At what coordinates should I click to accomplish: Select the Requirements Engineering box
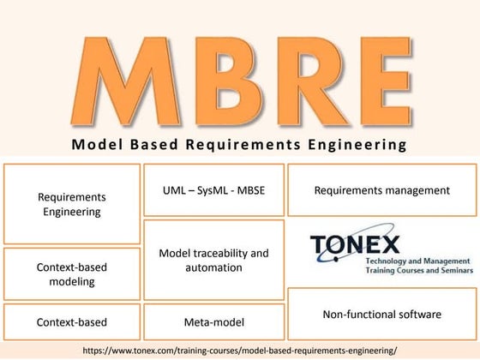click(x=71, y=204)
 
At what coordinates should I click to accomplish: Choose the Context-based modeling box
click(x=71, y=273)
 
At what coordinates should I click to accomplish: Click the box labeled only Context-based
click(x=71, y=322)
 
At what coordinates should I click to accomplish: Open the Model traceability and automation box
click(x=213, y=260)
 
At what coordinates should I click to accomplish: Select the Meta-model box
click(x=213, y=322)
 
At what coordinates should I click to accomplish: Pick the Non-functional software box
click(x=381, y=315)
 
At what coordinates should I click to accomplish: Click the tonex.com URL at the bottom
click(x=240, y=350)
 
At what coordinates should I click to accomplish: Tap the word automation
click(x=213, y=267)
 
